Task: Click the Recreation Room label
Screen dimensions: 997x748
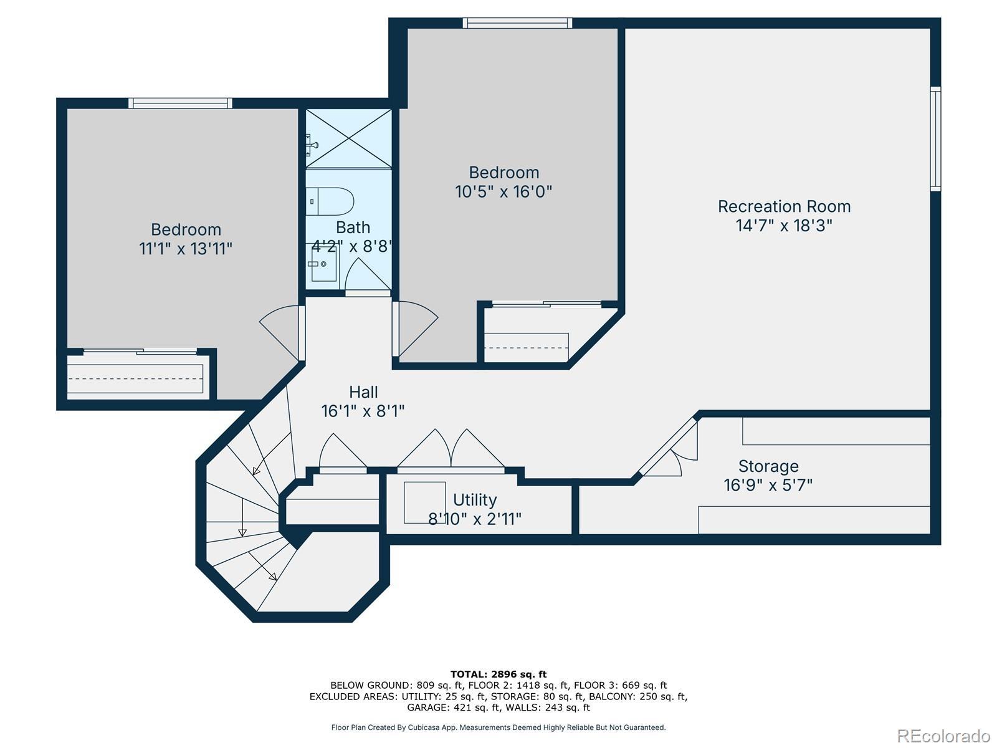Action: tap(784, 207)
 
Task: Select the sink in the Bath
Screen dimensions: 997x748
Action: tap(323, 263)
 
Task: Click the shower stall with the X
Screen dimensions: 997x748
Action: tap(348, 138)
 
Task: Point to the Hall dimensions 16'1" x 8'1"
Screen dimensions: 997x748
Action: tap(363, 411)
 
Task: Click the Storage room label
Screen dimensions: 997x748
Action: tap(768, 466)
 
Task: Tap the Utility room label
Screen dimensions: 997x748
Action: tap(475, 499)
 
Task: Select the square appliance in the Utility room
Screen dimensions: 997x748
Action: tap(425, 502)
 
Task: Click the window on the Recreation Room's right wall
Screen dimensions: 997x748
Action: tap(935, 138)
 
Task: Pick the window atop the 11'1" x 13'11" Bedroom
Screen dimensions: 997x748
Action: tap(180, 103)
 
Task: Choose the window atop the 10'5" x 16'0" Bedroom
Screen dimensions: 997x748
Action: tap(517, 23)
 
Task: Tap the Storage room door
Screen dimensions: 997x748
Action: tap(668, 448)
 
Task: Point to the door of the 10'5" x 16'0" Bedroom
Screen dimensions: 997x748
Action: tap(415, 329)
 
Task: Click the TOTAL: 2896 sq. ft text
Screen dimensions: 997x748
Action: tap(499, 674)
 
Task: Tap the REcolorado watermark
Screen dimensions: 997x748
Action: tap(943, 736)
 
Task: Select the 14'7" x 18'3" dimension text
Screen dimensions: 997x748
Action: tap(784, 226)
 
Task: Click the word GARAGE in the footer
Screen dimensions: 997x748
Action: tap(427, 707)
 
